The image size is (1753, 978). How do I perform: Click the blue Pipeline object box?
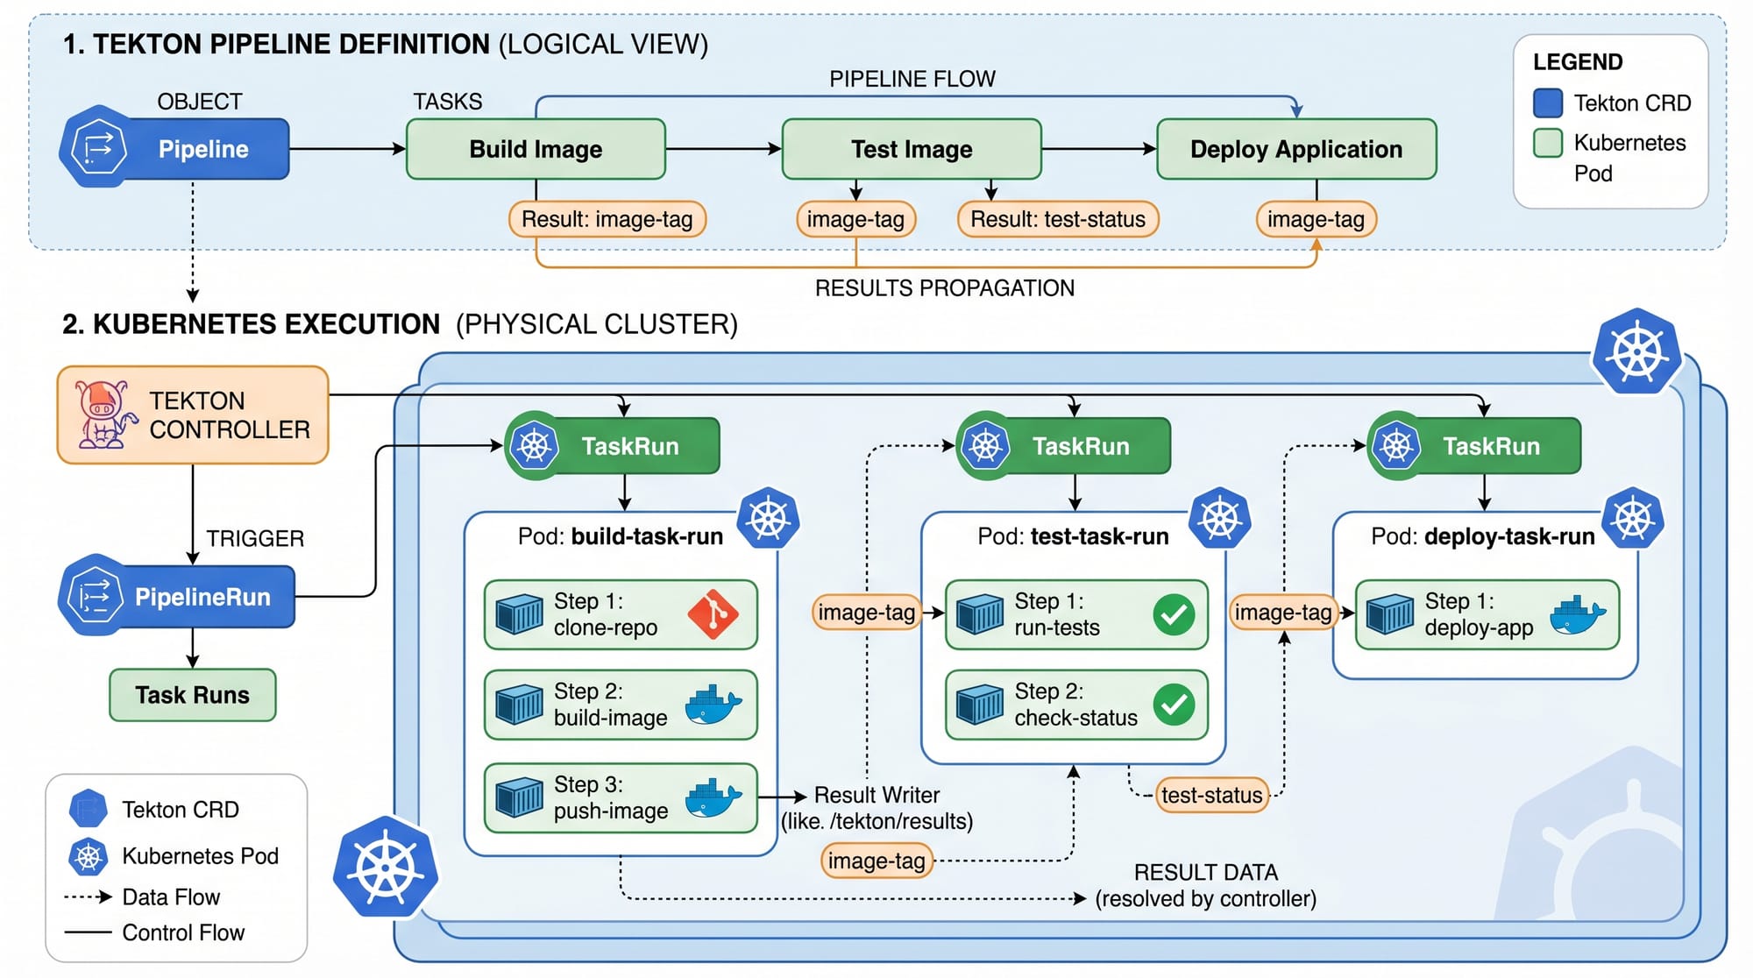coord(202,149)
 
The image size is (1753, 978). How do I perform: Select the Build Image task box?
coord(536,149)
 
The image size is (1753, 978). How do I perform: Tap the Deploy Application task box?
coord(1295,149)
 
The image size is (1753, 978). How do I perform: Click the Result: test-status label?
coord(1058,219)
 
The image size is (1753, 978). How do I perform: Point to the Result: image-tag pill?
coord(607,219)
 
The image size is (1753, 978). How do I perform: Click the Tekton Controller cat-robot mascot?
coord(103,415)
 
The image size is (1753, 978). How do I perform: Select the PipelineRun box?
coord(202,597)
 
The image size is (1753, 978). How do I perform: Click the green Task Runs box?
coord(192,695)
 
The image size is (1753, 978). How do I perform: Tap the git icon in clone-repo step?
coord(713,614)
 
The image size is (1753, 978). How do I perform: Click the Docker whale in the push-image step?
coord(713,797)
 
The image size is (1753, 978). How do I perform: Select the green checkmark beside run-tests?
coord(1174,614)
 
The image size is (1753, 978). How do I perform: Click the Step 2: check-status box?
coord(1075,705)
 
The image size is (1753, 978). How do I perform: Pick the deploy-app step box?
coord(1487,614)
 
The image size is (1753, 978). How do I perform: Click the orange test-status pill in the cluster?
coord(1211,795)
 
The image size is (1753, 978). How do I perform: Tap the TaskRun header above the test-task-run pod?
coord(1079,446)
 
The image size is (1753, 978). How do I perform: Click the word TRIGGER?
coord(255,538)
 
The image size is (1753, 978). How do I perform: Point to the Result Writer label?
coord(876,795)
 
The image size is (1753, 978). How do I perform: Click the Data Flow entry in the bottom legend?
coord(171,896)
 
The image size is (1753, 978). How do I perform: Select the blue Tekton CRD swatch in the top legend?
coord(1548,103)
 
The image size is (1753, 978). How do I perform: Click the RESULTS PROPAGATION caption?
coord(944,288)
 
